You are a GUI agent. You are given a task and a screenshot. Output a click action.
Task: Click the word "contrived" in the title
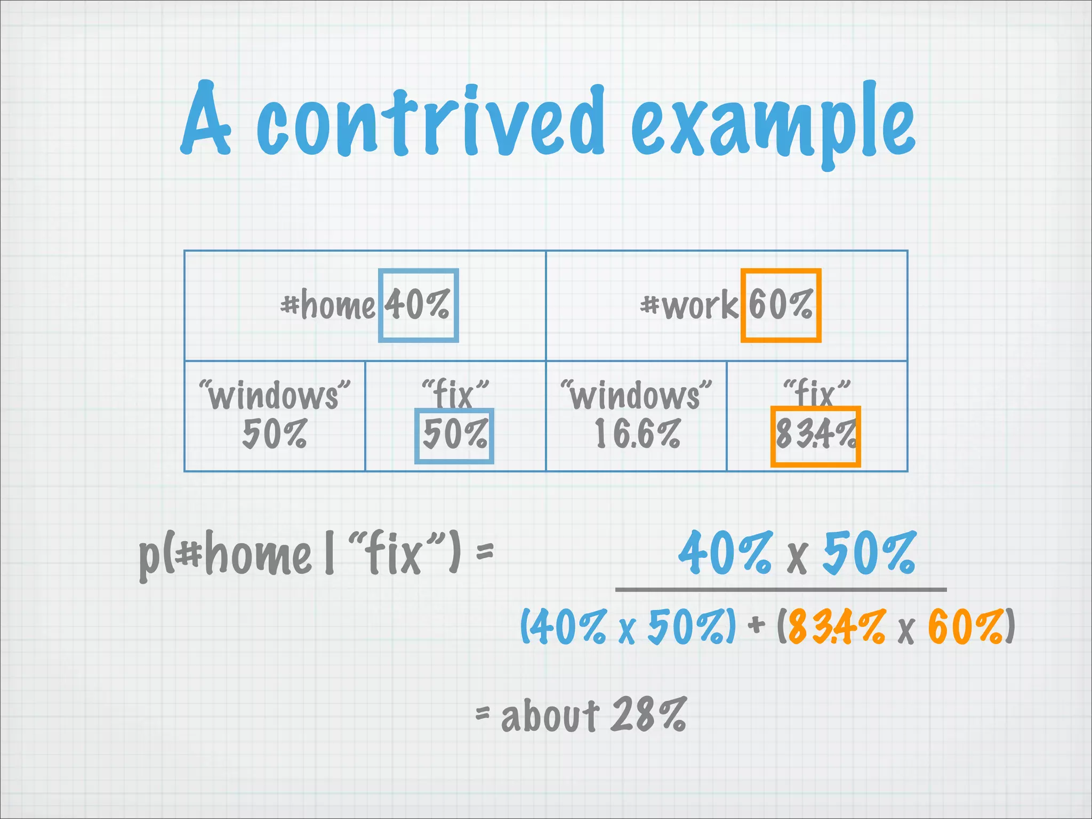431,122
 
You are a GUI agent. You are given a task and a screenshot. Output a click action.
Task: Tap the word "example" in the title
773,125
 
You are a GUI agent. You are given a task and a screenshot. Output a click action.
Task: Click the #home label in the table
328,306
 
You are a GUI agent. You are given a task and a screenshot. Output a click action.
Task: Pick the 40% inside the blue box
417,304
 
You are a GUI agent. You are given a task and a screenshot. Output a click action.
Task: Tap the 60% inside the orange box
780,304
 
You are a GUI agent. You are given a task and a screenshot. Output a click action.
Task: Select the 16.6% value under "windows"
637,434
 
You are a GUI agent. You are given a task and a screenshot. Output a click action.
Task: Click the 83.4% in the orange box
815,434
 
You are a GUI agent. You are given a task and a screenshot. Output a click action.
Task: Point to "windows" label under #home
275,395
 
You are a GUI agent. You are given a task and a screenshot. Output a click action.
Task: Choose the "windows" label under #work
636,395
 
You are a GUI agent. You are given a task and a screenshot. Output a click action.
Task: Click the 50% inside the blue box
454,434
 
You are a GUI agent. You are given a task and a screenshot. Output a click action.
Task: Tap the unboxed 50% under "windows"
275,434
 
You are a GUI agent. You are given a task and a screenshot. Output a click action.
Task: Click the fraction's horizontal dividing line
781,590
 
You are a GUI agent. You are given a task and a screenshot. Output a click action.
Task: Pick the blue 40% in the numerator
725,553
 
